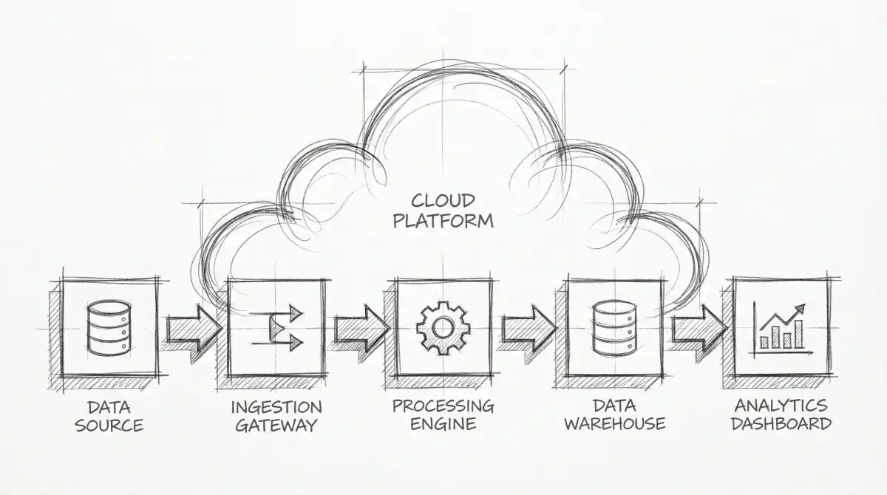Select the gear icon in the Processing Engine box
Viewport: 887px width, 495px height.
point(442,327)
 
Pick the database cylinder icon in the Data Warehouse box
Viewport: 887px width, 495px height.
point(613,327)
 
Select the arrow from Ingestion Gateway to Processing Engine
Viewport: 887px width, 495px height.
point(361,328)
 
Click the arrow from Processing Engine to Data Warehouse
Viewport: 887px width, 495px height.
point(529,328)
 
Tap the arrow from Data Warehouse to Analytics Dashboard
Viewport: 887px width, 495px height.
point(699,328)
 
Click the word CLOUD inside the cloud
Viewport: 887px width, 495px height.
point(443,199)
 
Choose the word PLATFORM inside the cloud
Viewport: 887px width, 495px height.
point(443,220)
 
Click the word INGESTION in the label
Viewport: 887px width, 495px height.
point(276,407)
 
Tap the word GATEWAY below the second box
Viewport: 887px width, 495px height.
point(276,426)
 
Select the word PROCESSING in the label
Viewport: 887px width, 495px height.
point(443,406)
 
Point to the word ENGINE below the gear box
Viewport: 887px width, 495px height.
point(443,424)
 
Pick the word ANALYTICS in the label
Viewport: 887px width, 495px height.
point(781,406)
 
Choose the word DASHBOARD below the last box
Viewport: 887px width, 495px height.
point(781,424)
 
